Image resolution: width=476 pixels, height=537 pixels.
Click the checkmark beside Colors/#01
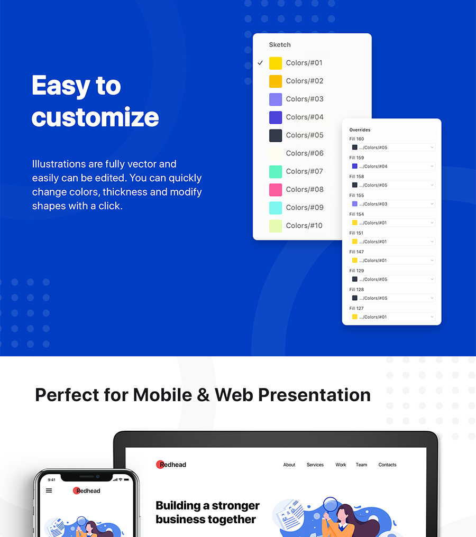click(x=260, y=63)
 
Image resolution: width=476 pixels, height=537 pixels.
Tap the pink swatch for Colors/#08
click(x=276, y=189)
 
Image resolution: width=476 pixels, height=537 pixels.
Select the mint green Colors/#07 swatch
click(x=276, y=171)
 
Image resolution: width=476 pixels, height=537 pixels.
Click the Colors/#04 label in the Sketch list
click(x=305, y=117)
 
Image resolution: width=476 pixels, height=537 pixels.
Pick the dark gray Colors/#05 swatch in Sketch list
click(x=276, y=135)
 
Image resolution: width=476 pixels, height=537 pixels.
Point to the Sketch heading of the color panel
click(x=280, y=44)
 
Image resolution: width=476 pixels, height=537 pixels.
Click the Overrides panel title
click(x=360, y=130)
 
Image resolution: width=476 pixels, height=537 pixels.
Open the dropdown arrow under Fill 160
click(x=432, y=147)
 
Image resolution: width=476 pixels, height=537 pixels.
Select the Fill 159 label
click(x=356, y=158)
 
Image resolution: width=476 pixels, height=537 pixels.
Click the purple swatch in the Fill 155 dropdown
click(x=355, y=204)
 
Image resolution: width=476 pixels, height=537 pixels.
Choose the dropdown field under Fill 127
click(x=392, y=317)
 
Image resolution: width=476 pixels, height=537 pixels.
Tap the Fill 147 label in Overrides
click(x=356, y=252)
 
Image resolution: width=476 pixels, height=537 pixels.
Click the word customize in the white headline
click(x=95, y=117)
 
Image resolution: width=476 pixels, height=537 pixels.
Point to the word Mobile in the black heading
click(x=162, y=395)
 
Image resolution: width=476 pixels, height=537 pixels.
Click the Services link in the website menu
click(x=315, y=465)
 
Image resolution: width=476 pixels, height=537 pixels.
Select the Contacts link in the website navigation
click(x=387, y=465)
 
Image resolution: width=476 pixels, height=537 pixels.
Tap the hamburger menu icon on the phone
click(x=49, y=490)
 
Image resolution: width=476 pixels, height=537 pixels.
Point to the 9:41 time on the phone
click(x=52, y=480)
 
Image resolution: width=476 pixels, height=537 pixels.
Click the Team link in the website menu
click(x=361, y=465)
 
